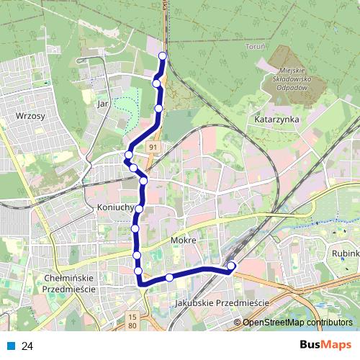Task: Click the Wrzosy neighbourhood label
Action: click(x=30, y=115)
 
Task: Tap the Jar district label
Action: click(x=102, y=104)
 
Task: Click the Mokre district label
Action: click(x=184, y=240)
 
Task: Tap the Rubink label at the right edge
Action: click(x=345, y=254)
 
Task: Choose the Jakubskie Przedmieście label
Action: click(x=221, y=304)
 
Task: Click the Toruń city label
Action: click(x=256, y=46)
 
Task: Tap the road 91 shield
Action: click(x=153, y=147)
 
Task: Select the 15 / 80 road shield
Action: click(x=132, y=321)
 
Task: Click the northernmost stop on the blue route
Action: click(x=163, y=56)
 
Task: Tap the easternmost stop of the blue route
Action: click(x=231, y=266)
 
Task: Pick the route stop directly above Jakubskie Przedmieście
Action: click(x=169, y=277)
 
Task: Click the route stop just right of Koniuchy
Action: click(x=140, y=209)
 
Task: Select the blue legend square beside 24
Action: click(x=11, y=346)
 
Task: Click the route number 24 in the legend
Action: click(x=28, y=346)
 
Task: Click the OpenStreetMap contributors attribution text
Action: click(x=297, y=323)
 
